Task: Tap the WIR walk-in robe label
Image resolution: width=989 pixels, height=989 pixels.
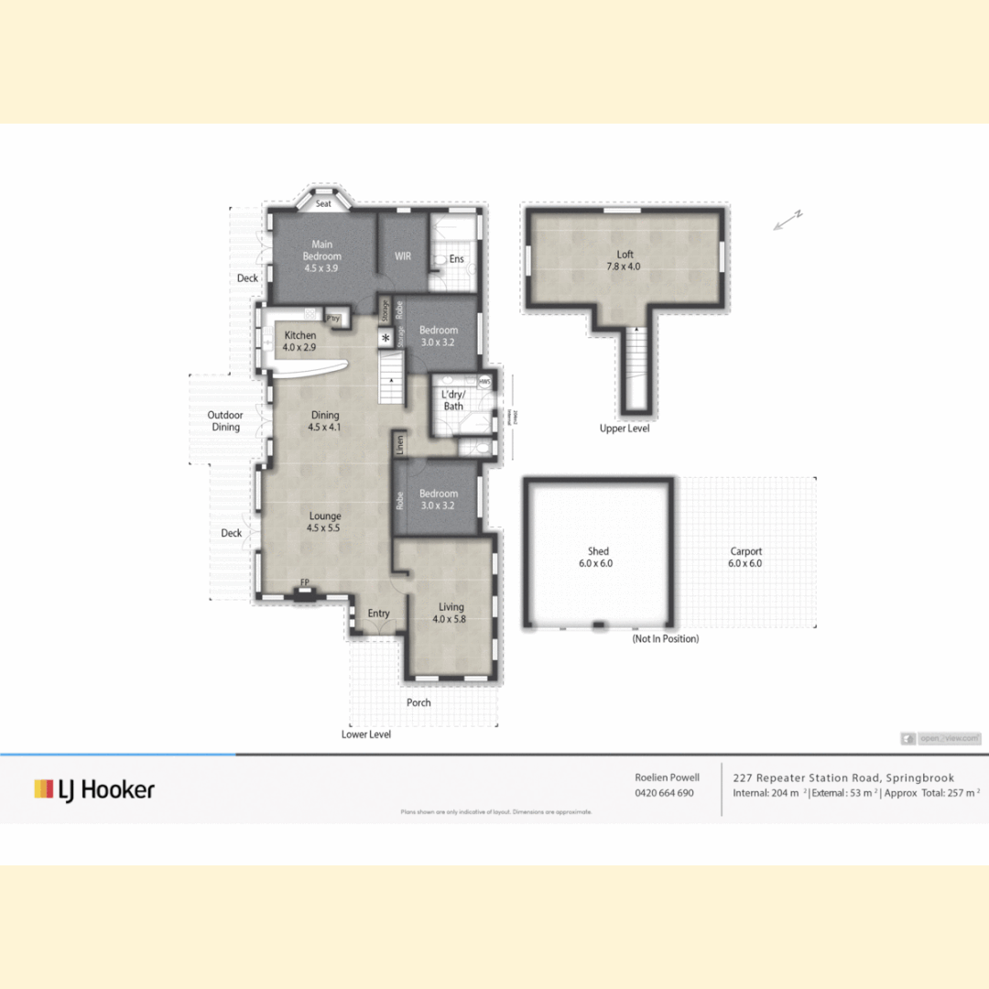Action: [403, 256]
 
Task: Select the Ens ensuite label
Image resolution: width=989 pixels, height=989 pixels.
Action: [456, 259]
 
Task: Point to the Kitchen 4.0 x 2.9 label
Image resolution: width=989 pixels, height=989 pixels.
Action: [299, 342]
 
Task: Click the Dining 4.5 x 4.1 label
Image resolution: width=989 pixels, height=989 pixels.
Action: [325, 421]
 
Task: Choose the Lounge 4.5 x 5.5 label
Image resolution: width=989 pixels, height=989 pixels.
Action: [324, 522]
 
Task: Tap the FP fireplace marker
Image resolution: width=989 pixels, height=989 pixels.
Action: [305, 582]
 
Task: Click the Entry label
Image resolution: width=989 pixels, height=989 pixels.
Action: [378, 614]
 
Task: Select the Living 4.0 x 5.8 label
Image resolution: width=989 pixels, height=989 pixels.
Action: [451, 613]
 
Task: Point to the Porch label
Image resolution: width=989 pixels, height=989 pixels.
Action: [418, 702]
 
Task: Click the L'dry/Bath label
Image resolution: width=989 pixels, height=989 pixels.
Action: [453, 400]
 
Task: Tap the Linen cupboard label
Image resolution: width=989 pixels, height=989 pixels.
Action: [400, 445]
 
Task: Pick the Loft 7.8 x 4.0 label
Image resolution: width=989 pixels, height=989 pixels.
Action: [625, 261]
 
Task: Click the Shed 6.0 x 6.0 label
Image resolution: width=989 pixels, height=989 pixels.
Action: [598, 558]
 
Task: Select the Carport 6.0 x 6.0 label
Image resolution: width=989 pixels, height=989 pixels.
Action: [745, 558]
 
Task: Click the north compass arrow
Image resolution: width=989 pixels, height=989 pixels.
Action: [787, 220]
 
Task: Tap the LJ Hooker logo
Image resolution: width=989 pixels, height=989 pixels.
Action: [94, 789]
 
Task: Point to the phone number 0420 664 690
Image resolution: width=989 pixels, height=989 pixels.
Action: [664, 793]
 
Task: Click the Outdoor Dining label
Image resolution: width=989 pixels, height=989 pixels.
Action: [225, 421]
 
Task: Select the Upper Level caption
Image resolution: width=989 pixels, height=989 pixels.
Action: [625, 429]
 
